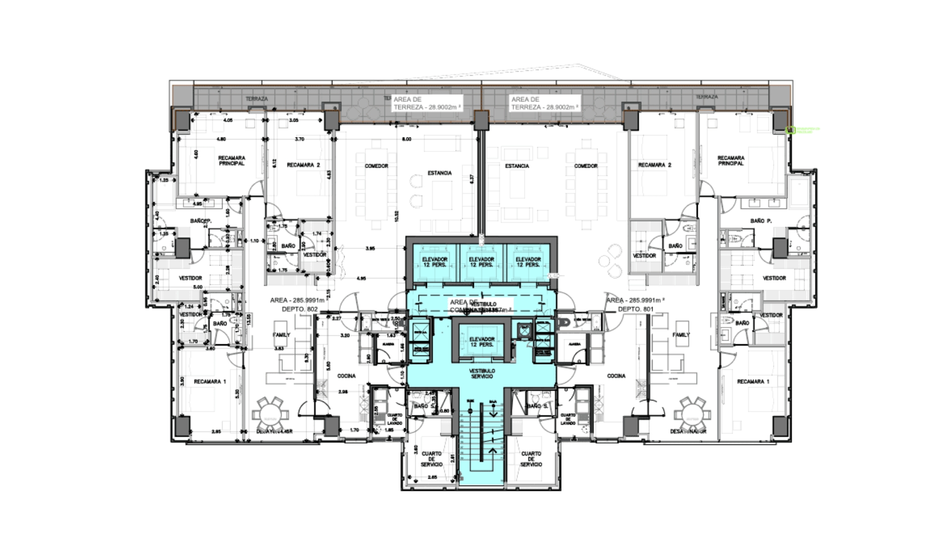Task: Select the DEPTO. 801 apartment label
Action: click(635, 309)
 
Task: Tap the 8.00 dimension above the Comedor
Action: click(406, 139)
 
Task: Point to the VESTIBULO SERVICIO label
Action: click(482, 373)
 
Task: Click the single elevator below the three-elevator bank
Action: click(481, 342)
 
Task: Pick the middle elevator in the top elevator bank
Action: click(481, 262)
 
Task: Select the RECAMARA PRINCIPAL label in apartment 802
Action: click(232, 161)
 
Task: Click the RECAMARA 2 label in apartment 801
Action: click(654, 165)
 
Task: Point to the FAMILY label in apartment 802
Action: click(281, 335)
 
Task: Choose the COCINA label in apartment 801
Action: click(616, 376)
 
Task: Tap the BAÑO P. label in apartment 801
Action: click(760, 221)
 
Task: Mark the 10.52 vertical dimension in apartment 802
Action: click(396, 216)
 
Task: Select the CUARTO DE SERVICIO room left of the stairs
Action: click(431, 459)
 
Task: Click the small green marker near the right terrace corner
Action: click(790, 130)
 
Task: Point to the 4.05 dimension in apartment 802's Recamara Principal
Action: click(228, 120)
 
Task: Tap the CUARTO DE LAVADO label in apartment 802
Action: click(394, 419)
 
